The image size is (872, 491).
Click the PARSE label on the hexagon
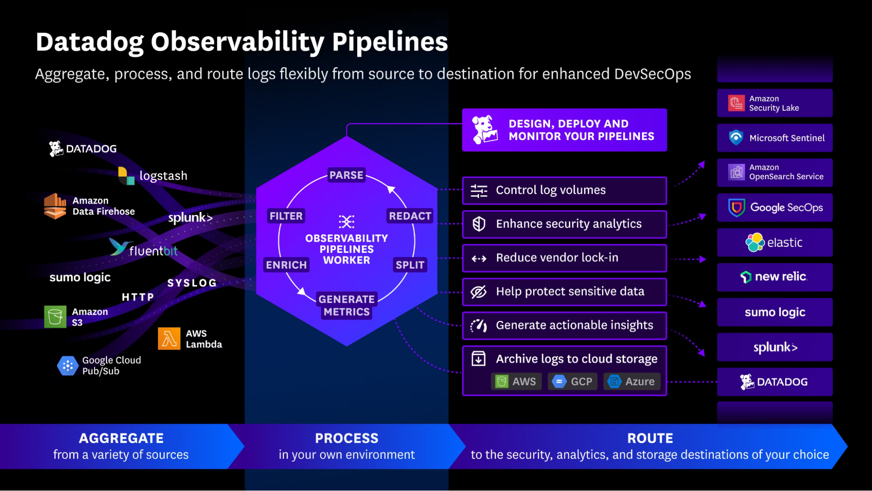click(x=346, y=175)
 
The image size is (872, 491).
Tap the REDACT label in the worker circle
click(x=410, y=216)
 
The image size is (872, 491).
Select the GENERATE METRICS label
click(x=346, y=305)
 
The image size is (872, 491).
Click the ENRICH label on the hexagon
click(x=286, y=265)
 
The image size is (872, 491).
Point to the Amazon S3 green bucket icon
click(x=55, y=317)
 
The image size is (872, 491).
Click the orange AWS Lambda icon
click(x=169, y=338)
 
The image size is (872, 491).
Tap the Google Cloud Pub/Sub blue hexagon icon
click(x=68, y=366)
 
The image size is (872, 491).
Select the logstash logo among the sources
click(x=126, y=175)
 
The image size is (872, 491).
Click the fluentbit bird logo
click(x=119, y=246)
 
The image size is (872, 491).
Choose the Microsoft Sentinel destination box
click(x=774, y=138)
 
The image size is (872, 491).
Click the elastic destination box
click(x=774, y=242)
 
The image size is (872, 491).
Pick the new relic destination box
click(x=774, y=277)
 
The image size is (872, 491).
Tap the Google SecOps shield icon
click(x=736, y=208)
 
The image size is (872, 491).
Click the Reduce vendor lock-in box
click(x=564, y=258)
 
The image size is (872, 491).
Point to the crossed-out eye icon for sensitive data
click(x=479, y=292)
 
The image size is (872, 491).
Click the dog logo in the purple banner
click(x=484, y=130)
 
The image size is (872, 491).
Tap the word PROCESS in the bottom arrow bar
click(x=346, y=438)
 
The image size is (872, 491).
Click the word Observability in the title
click(x=237, y=42)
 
